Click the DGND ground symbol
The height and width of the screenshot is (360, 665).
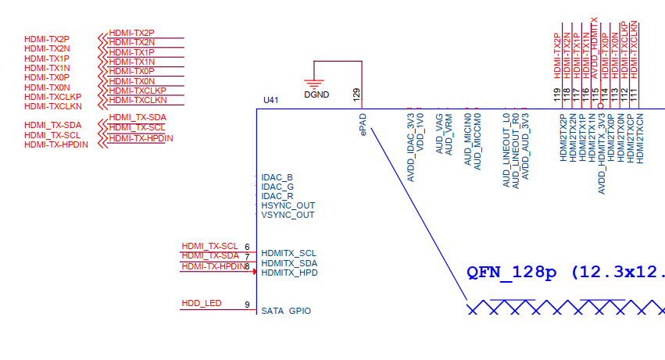(313, 84)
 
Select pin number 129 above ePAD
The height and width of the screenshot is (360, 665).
(356, 96)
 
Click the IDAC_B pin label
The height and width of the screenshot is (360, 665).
(277, 177)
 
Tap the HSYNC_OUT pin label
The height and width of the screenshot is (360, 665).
(288, 205)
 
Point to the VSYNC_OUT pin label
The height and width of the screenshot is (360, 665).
(288, 215)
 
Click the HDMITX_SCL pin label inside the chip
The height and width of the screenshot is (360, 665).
(289, 253)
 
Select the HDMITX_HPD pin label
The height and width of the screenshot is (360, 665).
(289, 273)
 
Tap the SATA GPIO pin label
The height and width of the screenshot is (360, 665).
(286, 311)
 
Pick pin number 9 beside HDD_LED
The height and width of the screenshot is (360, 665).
(247, 305)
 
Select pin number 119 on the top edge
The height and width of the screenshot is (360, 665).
(557, 95)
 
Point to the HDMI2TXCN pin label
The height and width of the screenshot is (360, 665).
(640, 138)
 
